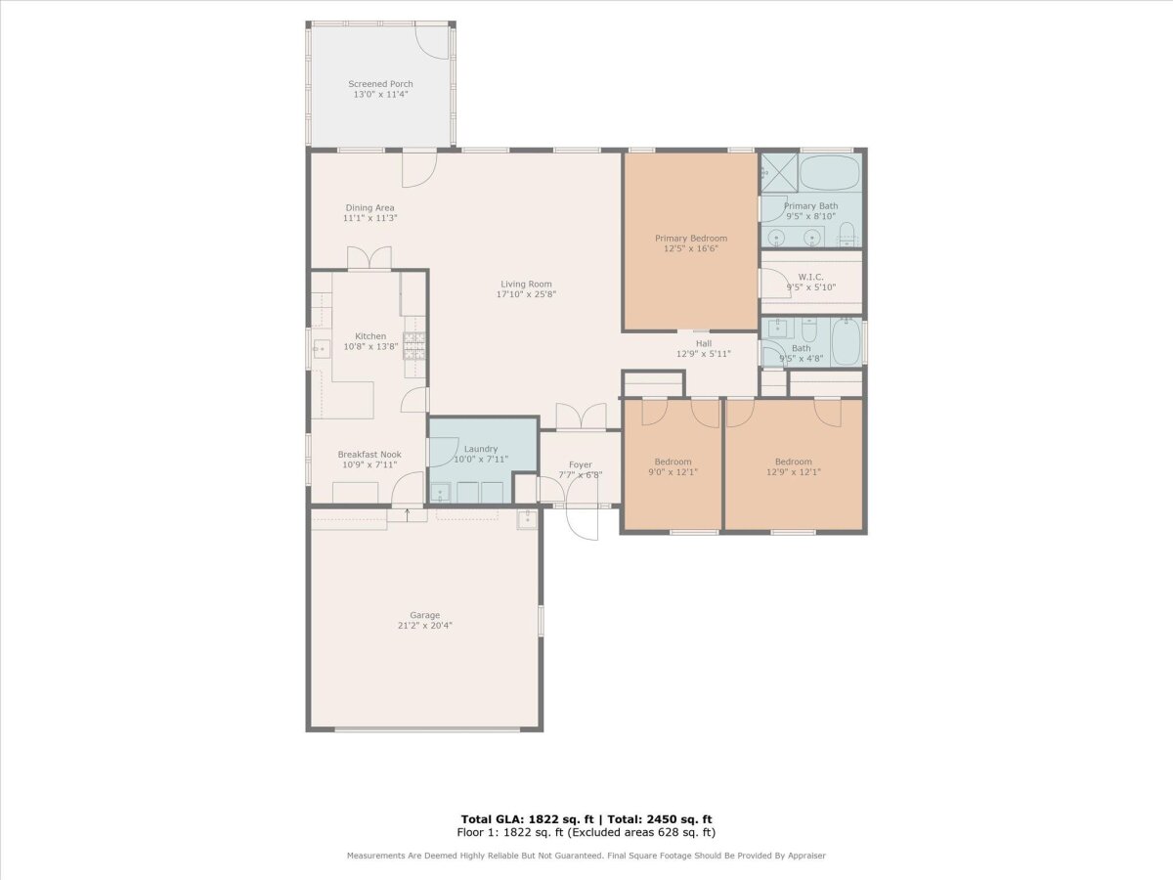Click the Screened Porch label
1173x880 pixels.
coord(380,84)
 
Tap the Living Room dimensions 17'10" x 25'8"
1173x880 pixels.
coord(526,294)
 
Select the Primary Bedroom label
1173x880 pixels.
coord(691,239)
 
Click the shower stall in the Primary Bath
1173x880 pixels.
coord(779,173)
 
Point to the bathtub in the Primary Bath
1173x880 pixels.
coord(830,173)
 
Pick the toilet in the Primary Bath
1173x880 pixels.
coord(847,234)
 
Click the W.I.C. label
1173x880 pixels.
coord(810,277)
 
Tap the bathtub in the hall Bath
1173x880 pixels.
coord(846,342)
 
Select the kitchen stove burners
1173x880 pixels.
coord(414,346)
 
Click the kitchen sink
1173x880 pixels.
coord(322,349)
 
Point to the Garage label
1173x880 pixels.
coord(425,615)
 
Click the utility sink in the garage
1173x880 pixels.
coord(527,519)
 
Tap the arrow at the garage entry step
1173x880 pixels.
coord(408,515)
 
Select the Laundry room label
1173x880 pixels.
coord(481,449)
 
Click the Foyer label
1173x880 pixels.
coord(581,464)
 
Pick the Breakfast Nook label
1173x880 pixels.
coord(369,454)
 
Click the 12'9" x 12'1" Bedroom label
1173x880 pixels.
coord(794,466)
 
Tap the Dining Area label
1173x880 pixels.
coord(369,208)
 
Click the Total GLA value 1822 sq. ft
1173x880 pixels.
coord(561,819)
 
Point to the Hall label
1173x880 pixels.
coord(704,343)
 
